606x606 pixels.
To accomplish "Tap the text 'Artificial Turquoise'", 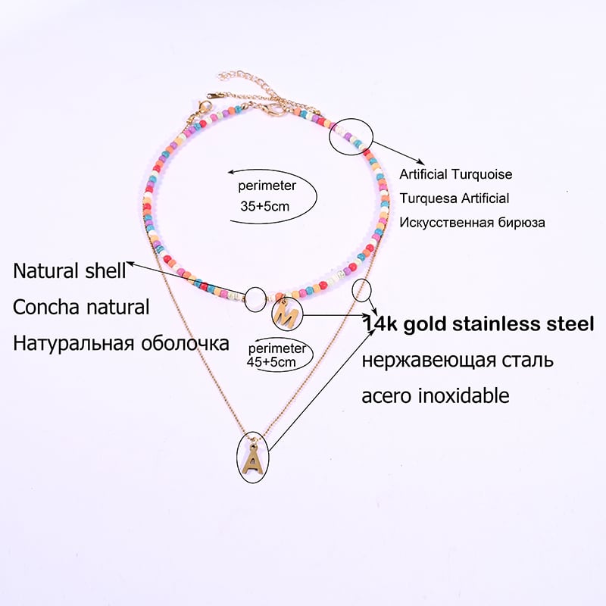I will pyautogui.click(x=456, y=174).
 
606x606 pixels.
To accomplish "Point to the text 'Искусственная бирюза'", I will pyautogui.click(x=472, y=223).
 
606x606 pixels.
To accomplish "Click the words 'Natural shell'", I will pyautogui.click(x=70, y=270).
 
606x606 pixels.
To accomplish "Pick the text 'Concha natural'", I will pyautogui.click(x=81, y=307).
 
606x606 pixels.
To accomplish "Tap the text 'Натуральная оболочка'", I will pyautogui.click(x=121, y=343).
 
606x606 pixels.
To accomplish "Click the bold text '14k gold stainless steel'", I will pyautogui.click(x=478, y=324).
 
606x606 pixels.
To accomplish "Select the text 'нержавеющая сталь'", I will pyautogui.click(x=458, y=359).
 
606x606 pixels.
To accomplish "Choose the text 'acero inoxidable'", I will pyautogui.click(x=436, y=395).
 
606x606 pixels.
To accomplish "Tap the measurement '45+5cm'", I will pyautogui.click(x=272, y=363).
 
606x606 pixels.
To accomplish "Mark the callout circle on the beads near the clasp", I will pyautogui.click(x=351, y=136).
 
